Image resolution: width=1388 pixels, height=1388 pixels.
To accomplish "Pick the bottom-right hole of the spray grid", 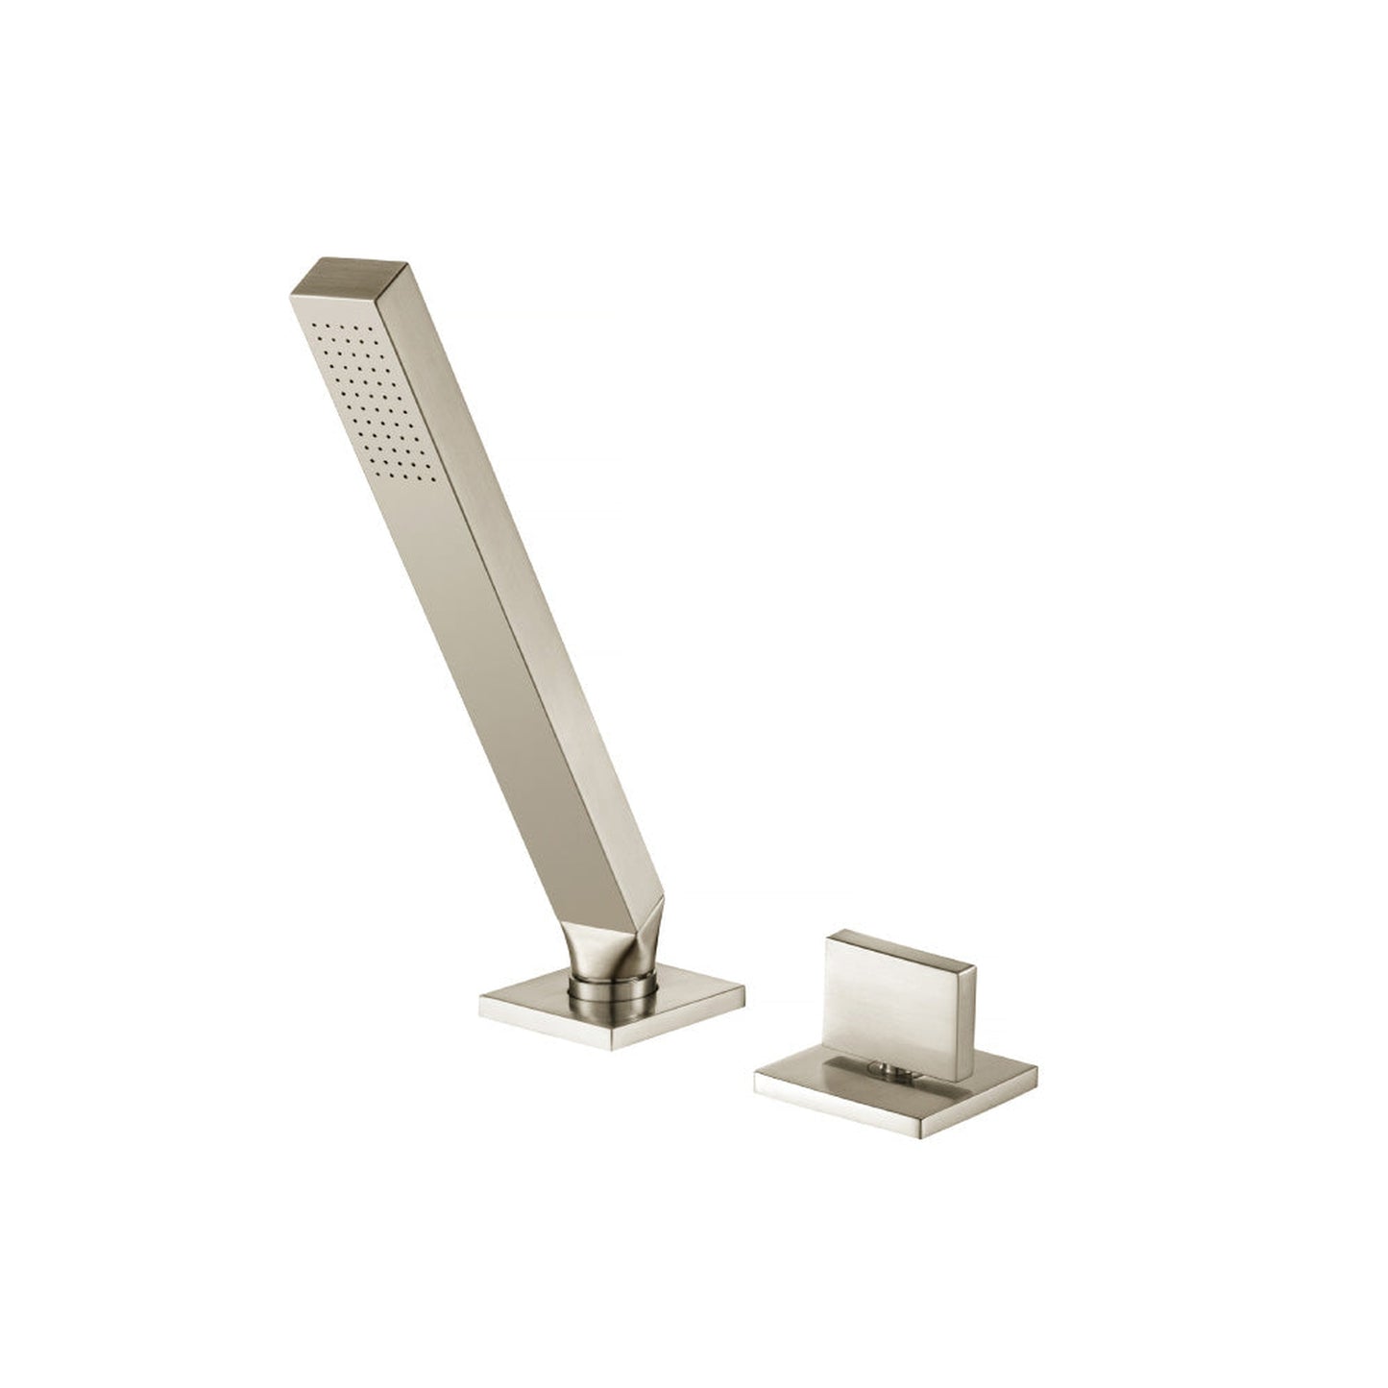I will click(x=429, y=477).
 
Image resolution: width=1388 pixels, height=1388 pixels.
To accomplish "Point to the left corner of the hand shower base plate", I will click(x=481, y=1004).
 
